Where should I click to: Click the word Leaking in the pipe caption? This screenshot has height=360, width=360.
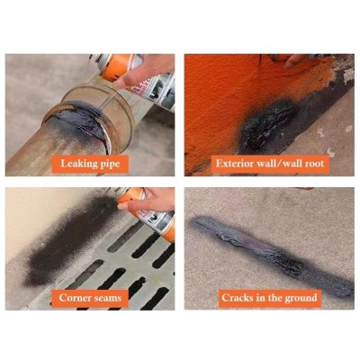point(78,164)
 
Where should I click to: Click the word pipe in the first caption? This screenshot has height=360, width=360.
point(110,165)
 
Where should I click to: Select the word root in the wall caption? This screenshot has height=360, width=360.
point(313,164)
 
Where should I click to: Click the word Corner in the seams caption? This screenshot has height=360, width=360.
point(75,298)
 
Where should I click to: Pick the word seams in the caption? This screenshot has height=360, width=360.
point(107,298)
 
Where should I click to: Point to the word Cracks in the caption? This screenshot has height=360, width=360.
point(237,297)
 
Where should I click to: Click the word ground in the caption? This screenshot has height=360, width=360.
point(301,298)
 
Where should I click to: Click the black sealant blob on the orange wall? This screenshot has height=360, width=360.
point(268,124)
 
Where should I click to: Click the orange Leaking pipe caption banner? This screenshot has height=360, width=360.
point(90,164)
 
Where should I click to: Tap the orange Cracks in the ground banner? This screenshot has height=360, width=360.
point(269,298)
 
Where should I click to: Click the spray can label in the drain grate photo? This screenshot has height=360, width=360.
point(157,223)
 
